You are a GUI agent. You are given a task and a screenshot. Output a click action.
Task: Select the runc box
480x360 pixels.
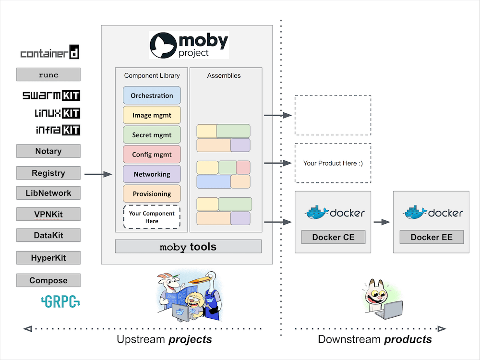(48, 74)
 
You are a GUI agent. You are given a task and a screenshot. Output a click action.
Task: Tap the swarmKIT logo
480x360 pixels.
(51, 96)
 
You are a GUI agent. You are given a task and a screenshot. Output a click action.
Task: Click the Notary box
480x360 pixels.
(48, 151)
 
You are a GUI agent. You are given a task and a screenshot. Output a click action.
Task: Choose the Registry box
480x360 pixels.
(48, 173)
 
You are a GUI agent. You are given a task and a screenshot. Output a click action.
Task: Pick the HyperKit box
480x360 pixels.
(48, 258)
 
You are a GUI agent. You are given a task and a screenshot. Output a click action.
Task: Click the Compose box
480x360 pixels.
(48, 280)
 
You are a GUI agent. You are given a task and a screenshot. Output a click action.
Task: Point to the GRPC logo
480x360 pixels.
(60, 301)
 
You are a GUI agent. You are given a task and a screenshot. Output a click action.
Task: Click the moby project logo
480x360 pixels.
(189, 45)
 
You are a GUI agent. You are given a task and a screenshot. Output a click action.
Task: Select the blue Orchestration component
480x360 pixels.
(152, 96)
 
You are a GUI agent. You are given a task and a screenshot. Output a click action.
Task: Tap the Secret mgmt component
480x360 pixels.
(152, 135)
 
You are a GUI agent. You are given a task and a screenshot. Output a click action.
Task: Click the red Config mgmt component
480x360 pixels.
(152, 155)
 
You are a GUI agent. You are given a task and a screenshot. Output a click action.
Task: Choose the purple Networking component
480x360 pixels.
(152, 174)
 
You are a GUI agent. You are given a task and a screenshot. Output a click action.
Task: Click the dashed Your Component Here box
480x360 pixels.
(152, 217)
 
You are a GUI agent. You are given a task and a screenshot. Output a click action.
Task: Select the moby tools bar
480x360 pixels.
(188, 247)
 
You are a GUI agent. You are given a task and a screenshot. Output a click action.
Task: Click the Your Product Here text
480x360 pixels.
(333, 163)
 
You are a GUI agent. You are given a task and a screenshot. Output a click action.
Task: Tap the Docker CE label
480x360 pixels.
(333, 237)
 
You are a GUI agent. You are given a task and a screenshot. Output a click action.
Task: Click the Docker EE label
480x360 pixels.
(432, 237)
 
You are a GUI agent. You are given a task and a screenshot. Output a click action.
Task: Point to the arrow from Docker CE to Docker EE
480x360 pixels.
(382, 222)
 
